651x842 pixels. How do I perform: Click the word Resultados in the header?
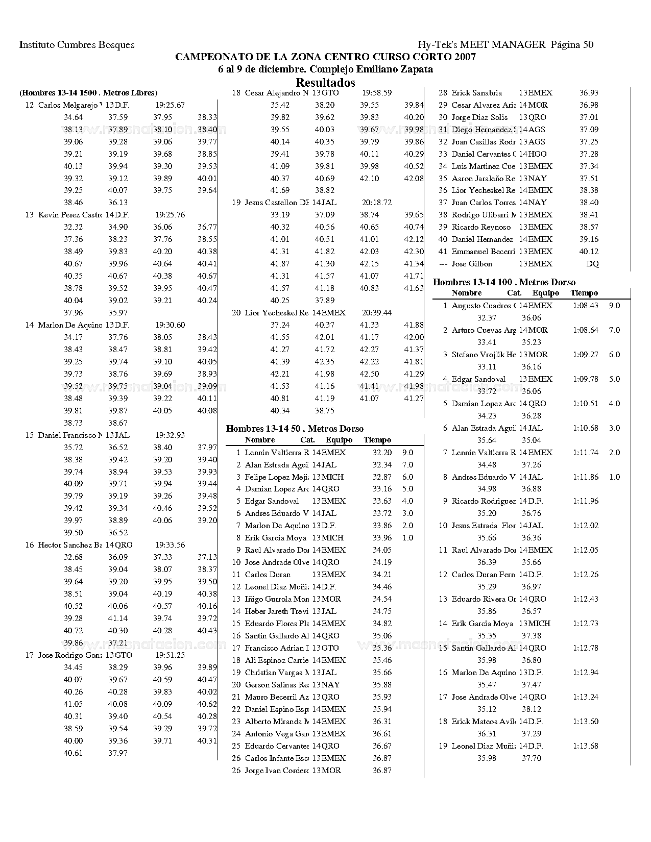(325, 83)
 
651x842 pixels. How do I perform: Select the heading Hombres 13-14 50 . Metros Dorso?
(295, 429)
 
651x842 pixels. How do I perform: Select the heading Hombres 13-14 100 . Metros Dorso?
(503, 282)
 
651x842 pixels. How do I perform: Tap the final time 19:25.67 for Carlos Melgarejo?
(170, 105)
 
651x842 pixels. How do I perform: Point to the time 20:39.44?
(376, 312)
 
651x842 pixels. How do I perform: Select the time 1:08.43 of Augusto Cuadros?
(585, 306)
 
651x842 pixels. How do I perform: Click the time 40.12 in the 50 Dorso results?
(589, 252)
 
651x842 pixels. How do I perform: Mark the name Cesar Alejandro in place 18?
(276, 93)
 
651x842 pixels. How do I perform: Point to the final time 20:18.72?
(376, 203)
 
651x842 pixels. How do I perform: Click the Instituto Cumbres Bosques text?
(77, 45)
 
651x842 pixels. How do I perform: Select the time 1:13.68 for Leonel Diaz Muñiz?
(585, 746)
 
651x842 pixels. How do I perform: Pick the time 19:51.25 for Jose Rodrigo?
(170, 655)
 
